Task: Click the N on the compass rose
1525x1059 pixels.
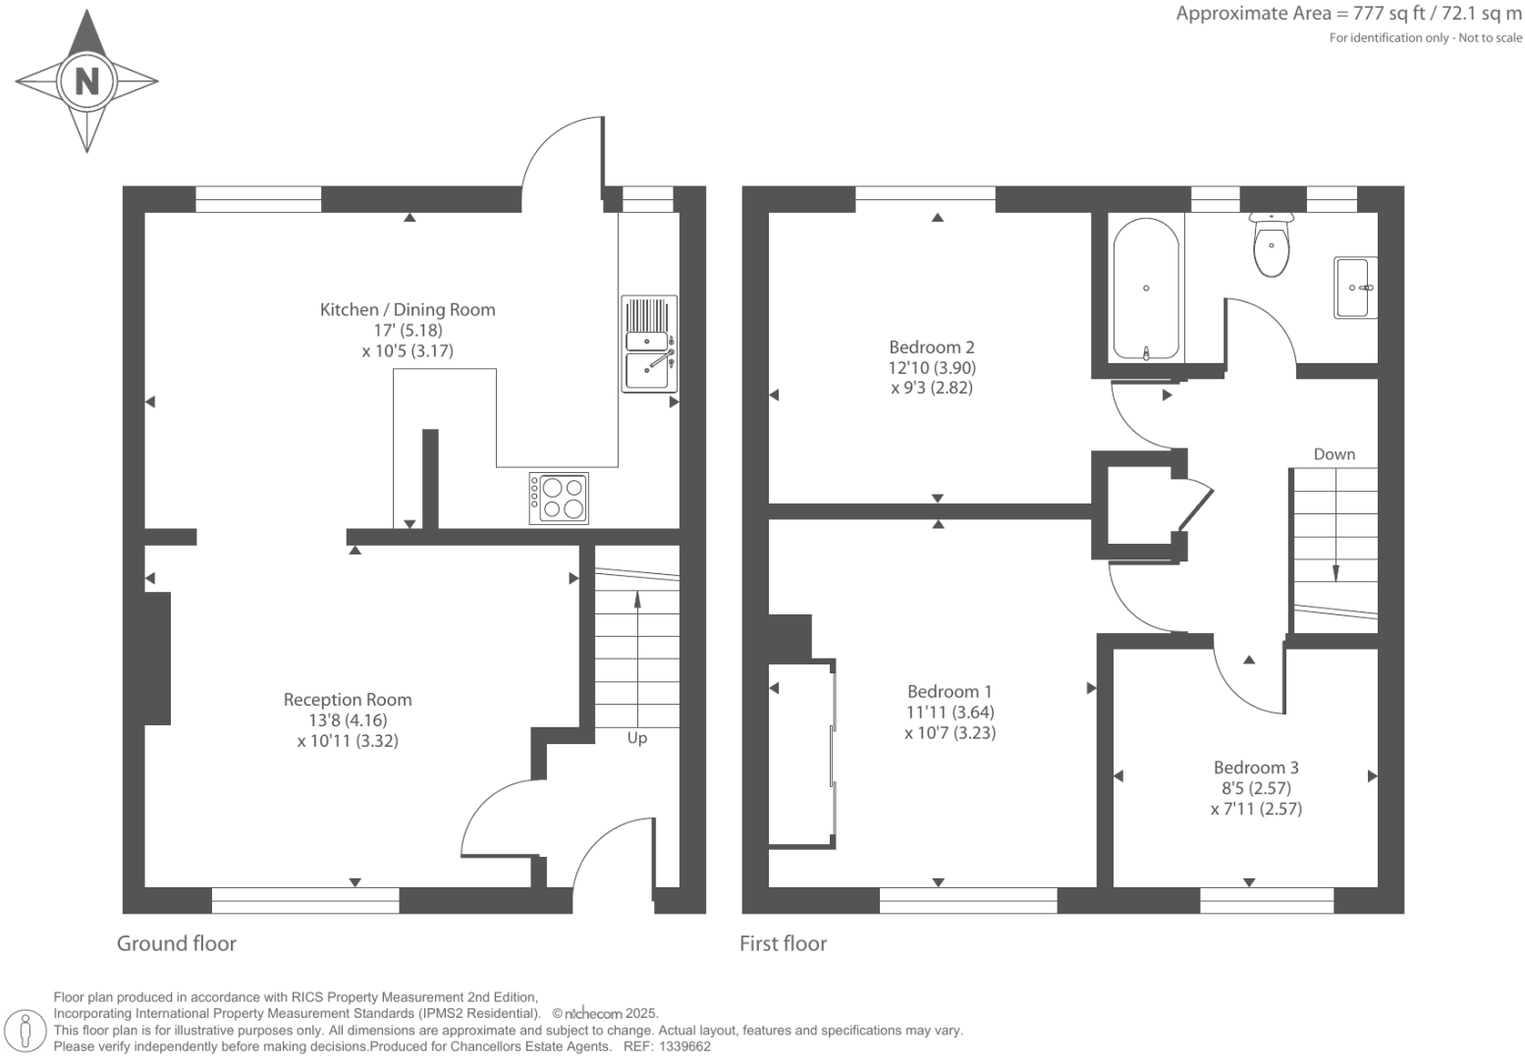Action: click(86, 80)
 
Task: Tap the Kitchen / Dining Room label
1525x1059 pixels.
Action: click(408, 309)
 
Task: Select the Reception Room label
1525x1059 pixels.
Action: click(348, 700)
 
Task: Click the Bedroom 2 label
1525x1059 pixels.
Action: click(931, 346)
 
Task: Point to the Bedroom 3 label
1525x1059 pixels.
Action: click(1256, 768)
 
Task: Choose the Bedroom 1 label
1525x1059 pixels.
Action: click(950, 691)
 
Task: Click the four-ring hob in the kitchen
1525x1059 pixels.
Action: click(560, 498)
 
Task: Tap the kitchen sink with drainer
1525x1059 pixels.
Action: click(649, 344)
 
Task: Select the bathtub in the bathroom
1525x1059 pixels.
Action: click(1146, 289)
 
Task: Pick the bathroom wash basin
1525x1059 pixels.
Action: click(1354, 288)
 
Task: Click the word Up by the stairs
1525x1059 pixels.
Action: click(637, 738)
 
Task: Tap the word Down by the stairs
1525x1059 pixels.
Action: click(1334, 453)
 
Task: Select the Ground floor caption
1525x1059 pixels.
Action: click(177, 943)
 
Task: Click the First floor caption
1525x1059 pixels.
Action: click(783, 943)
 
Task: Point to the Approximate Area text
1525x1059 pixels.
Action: click(1348, 14)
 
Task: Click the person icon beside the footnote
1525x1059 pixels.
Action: click(27, 1031)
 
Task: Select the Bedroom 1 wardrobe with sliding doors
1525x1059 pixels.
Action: click(801, 753)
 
